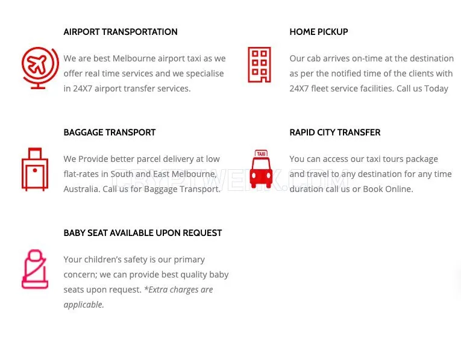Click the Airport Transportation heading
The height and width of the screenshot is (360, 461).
pyautogui.click(x=121, y=32)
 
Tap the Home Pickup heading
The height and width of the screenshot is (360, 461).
pyautogui.click(x=319, y=32)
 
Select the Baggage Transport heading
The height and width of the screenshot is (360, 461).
pyautogui.click(x=109, y=132)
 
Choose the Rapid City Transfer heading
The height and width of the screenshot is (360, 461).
pyautogui.click(x=335, y=132)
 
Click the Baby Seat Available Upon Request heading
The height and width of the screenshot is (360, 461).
pyautogui.click(x=143, y=233)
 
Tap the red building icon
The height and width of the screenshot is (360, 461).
pyautogui.click(x=259, y=64)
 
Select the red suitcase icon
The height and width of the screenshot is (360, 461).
pyautogui.click(x=35, y=169)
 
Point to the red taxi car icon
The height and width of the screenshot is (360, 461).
pyautogui.click(x=261, y=169)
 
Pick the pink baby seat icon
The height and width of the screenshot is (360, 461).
pyautogui.click(x=35, y=269)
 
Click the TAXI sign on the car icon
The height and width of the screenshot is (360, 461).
pyautogui.click(x=261, y=154)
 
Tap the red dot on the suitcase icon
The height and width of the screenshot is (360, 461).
pyautogui.click(x=35, y=170)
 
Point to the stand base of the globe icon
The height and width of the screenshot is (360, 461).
pyautogui.click(x=38, y=87)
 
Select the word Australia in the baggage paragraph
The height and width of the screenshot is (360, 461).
pyautogui.click(x=82, y=189)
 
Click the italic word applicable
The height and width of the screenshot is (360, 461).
pyautogui.click(x=84, y=305)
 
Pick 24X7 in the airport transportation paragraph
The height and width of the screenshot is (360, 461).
pyautogui.click(x=83, y=88)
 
